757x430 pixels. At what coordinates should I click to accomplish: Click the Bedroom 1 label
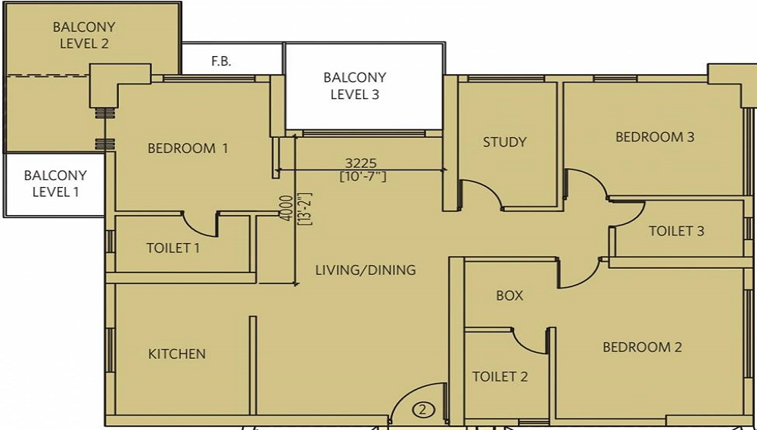pyautogui.click(x=187, y=148)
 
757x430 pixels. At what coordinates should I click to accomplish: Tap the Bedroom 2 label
pyautogui.click(x=642, y=347)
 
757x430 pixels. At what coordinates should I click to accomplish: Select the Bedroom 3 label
pyautogui.click(x=655, y=137)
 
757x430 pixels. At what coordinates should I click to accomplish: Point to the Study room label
pyautogui.click(x=504, y=142)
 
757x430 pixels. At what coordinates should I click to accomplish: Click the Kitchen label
pyautogui.click(x=176, y=354)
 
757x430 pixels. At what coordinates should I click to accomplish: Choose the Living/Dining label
pyautogui.click(x=366, y=270)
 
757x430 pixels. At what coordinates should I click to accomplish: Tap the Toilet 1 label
pyautogui.click(x=173, y=248)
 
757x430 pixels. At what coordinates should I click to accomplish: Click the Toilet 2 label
pyautogui.click(x=500, y=376)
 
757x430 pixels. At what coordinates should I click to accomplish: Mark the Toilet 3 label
pyautogui.click(x=676, y=231)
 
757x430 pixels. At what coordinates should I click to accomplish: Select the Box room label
pyautogui.click(x=509, y=295)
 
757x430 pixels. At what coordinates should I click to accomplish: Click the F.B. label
pyautogui.click(x=221, y=62)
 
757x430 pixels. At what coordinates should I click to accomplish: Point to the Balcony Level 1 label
pyautogui.click(x=55, y=183)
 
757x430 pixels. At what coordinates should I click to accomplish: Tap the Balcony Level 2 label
pyautogui.click(x=85, y=35)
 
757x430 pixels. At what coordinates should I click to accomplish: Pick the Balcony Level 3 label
pyautogui.click(x=355, y=86)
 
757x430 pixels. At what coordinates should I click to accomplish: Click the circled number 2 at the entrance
pyautogui.click(x=423, y=410)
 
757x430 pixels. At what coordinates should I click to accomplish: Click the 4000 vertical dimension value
pyautogui.click(x=287, y=208)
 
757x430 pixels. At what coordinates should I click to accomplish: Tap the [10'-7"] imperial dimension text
pyautogui.click(x=363, y=176)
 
